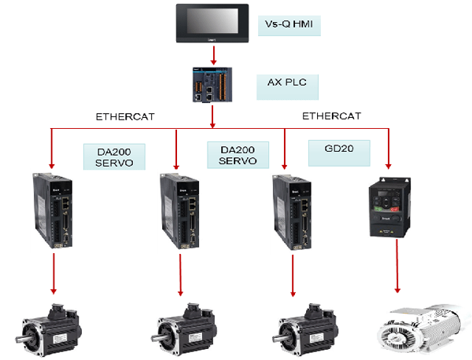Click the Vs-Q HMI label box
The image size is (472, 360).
tap(289, 26)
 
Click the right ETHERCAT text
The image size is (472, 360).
tap(331, 116)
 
